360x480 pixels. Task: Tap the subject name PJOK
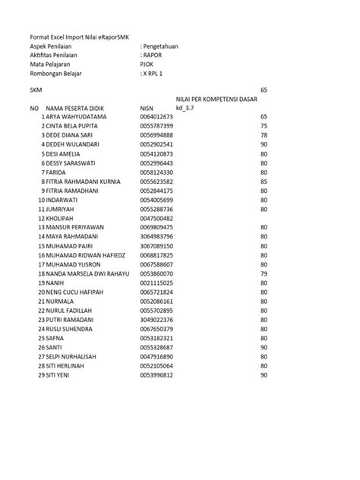click(x=149, y=64)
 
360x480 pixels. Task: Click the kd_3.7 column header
click(x=185, y=109)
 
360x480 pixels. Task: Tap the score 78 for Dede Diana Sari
click(x=264, y=136)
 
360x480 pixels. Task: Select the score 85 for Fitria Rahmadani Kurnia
click(x=264, y=182)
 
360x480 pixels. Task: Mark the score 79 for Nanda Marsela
click(x=264, y=273)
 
